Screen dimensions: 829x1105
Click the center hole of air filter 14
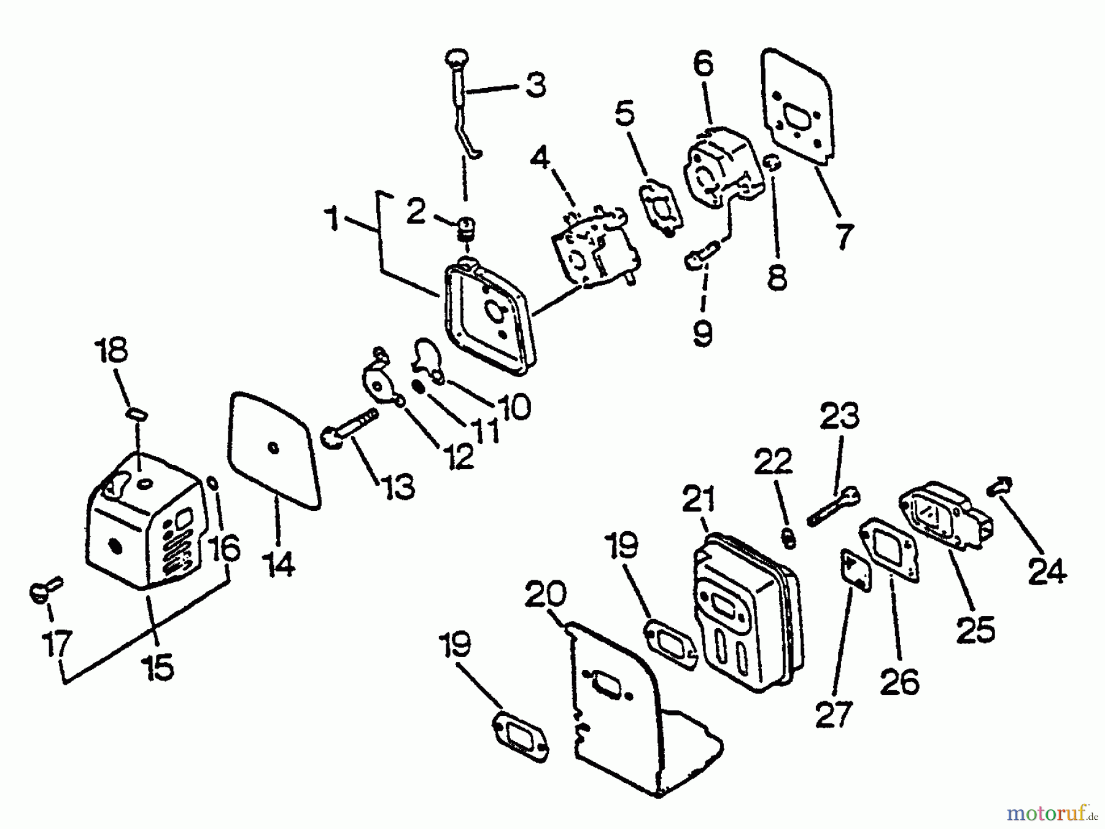(x=274, y=448)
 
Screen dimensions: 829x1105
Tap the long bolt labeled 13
(x=350, y=430)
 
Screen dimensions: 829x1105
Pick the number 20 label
(x=546, y=594)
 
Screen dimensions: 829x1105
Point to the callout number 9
(x=702, y=332)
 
